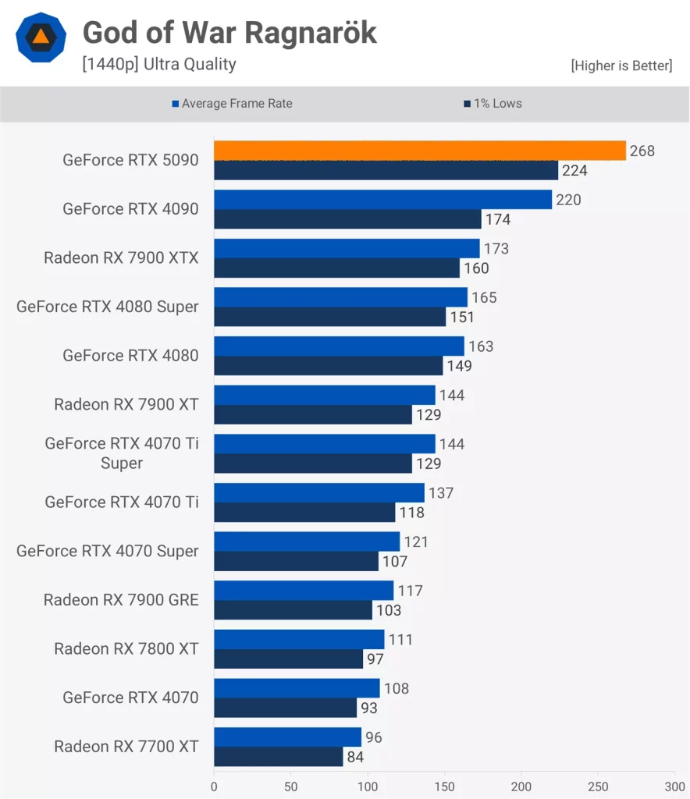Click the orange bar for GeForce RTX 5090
click(420, 151)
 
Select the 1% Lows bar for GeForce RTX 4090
click(347, 219)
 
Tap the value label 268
click(642, 151)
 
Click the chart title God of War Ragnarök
click(229, 32)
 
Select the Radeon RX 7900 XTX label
click(121, 257)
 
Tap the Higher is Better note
click(621, 66)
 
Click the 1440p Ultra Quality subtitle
click(159, 64)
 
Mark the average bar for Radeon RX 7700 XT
click(287, 737)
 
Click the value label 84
click(355, 757)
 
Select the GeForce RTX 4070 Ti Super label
click(121, 453)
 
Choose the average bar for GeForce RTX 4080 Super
click(340, 297)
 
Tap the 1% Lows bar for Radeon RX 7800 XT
click(288, 659)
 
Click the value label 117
click(410, 591)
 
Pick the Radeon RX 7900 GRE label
click(121, 600)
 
